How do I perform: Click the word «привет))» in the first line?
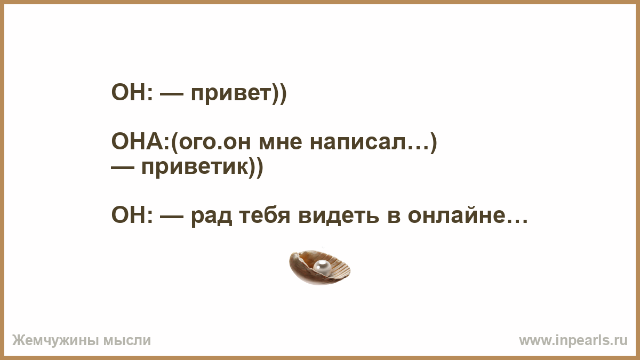point(238,93)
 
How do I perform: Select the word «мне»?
point(281,142)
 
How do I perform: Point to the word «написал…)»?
point(373,142)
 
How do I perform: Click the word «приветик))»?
point(202,167)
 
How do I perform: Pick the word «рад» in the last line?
point(211,217)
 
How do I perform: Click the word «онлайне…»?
point(467,215)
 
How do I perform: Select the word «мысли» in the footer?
point(127,341)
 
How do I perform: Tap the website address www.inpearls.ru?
point(573,341)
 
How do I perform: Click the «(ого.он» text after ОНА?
point(211,142)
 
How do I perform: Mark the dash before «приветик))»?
point(123,168)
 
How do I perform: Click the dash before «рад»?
point(172,217)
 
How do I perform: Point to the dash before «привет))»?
point(172,94)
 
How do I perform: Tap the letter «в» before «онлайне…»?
point(394,217)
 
